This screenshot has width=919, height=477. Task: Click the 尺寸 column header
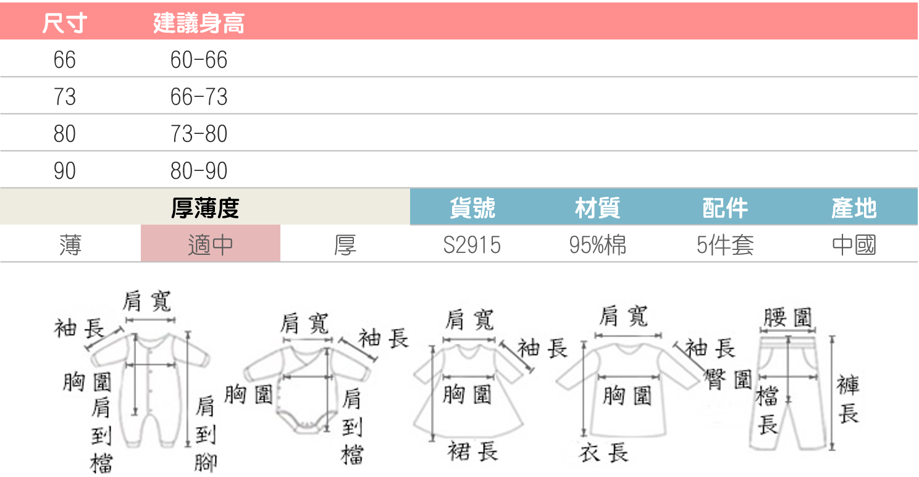coord(64,23)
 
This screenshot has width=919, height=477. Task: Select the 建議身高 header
coord(198,23)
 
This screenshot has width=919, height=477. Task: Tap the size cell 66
coord(64,60)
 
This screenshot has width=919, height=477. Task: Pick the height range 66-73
coord(199,97)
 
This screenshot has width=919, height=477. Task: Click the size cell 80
coord(64,134)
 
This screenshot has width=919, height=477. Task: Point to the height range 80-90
coord(199,171)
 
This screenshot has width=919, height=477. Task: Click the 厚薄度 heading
coord(204,209)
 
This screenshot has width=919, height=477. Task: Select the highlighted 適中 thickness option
coord(211,245)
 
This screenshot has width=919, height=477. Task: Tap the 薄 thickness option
coord(70,245)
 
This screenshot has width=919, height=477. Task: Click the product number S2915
coord(472,245)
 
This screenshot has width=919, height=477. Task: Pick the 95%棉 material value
coord(597,245)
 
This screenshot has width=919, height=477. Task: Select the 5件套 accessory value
coord(725,245)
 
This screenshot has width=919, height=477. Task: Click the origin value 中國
coord(854,245)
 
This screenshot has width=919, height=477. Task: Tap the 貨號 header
coord(472,209)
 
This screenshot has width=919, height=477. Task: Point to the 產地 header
coord(854,209)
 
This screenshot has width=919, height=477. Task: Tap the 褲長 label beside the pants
coord(848,399)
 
